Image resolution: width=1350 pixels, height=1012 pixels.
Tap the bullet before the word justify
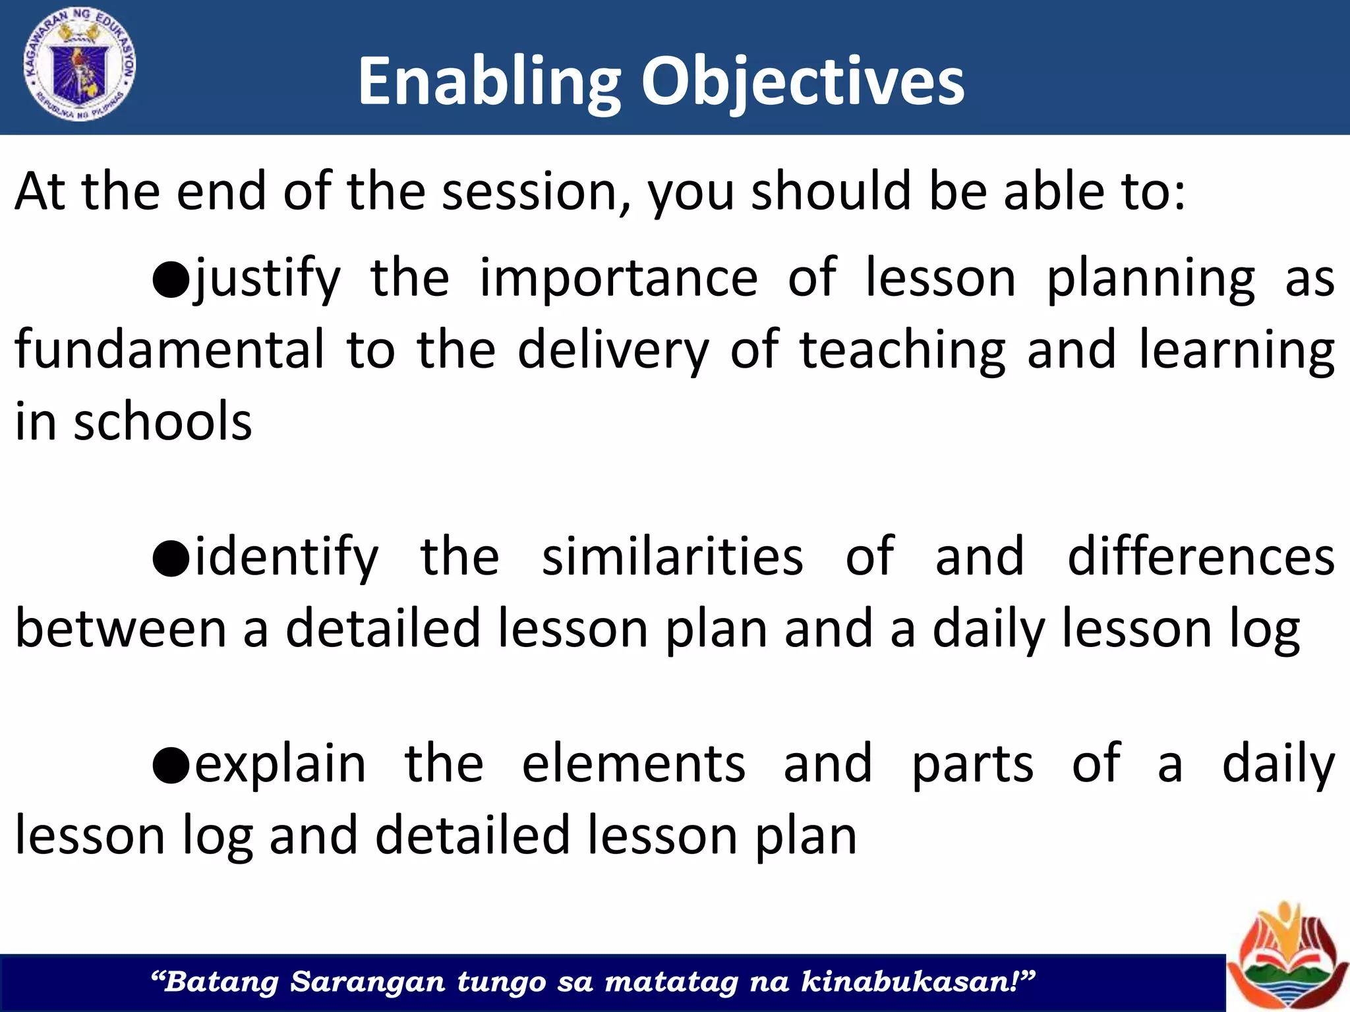(171, 279)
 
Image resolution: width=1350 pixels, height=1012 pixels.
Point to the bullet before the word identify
(171, 558)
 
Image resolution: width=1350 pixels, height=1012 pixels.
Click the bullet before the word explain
(171, 765)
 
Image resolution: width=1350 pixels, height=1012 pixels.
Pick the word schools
(162, 422)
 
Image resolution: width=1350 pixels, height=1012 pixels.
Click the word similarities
(672, 557)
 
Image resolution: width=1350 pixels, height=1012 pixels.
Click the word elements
(633, 764)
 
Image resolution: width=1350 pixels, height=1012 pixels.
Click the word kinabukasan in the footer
(910, 982)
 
